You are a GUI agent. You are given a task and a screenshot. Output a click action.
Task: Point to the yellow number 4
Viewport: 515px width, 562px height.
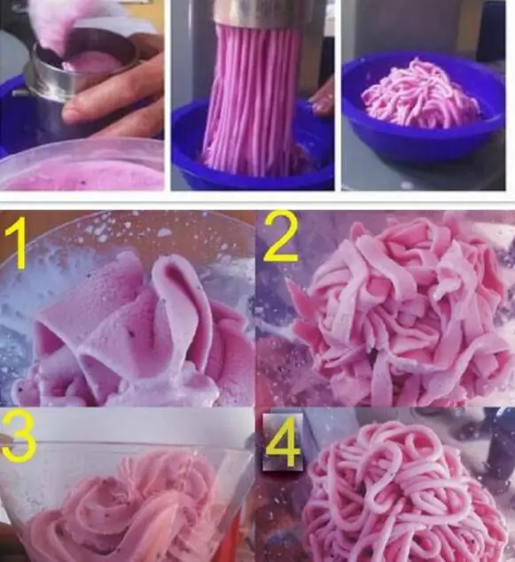tap(282, 443)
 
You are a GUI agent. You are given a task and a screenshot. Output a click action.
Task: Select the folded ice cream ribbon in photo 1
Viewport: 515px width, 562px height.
tap(133, 328)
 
